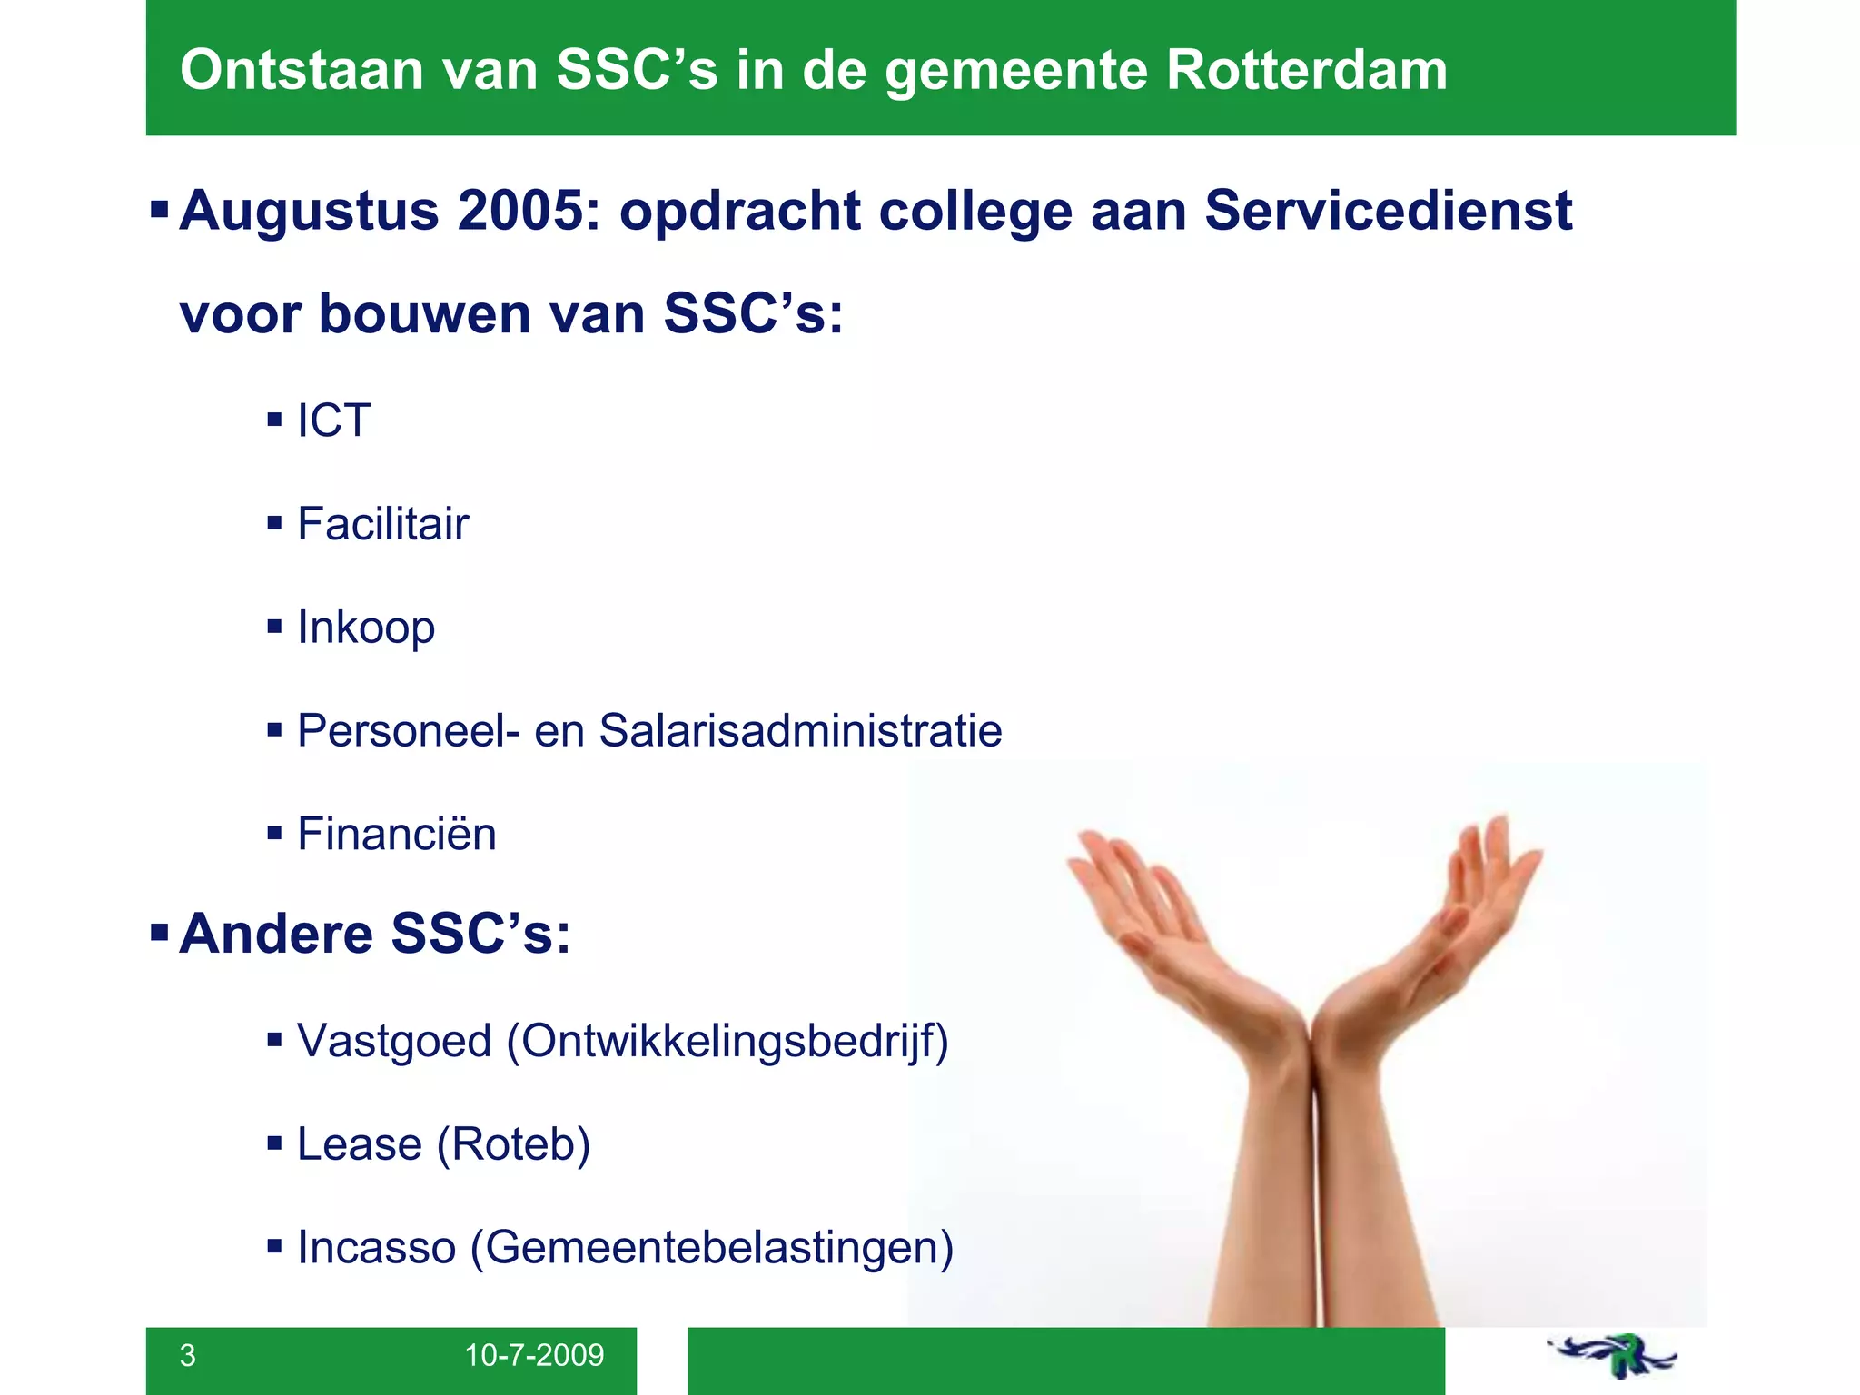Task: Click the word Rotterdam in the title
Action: point(1306,70)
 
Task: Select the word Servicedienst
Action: point(1388,211)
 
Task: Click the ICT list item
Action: point(333,420)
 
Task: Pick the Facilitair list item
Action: point(382,524)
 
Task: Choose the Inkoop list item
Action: point(366,628)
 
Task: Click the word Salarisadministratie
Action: point(800,731)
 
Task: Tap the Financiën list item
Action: point(397,834)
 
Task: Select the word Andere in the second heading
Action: point(276,934)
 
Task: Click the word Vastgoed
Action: point(394,1041)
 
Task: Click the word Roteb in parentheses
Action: point(514,1144)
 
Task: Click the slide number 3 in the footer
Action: point(188,1355)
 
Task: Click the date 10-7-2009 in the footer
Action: point(534,1355)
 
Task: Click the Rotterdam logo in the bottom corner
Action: point(1613,1357)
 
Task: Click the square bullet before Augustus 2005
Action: point(160,211)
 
